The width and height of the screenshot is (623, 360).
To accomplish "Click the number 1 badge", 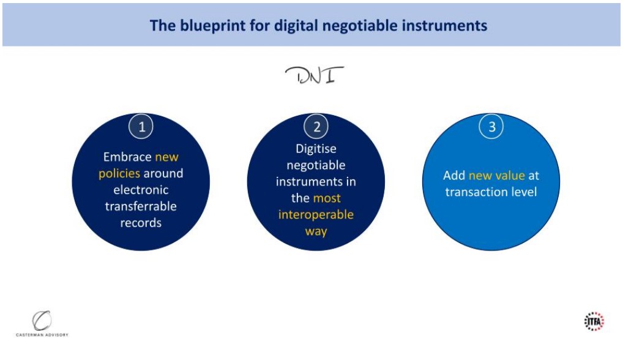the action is pyautogui.click(x=141, y=126).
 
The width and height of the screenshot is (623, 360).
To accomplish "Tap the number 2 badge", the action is pyautogui.click(x=316, y=126).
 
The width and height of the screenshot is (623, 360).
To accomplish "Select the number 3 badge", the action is pyautogui.click(x=491, y=126).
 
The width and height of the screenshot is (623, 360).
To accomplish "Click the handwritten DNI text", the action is pyautogui.click(x=315, y=75).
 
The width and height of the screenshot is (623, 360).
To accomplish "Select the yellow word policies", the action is pyautogui.click(x=119, y=174).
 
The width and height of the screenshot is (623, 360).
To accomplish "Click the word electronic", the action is pyautogui.click(x=141, y=190).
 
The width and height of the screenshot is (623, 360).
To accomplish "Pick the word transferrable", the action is pyautogui.click(x=141, y=206).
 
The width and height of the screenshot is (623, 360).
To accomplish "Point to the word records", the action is pyautogui.click(x=141, y=223).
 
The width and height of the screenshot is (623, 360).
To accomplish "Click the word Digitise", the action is pyautogui.click(x=316, y=149).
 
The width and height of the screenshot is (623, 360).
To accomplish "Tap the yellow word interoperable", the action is pyautogui.click(x=316, y=214).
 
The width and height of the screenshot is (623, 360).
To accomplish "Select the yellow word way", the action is pyautogui.click(x=316, y=231).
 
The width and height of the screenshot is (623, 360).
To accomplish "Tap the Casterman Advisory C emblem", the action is pyautogui.click(x=42, y=320).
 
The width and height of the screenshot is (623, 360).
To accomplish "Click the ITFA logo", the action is pyautogui.click(x=594, y=321).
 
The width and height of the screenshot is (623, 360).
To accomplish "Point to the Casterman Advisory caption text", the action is pyautogui.click(x=42, y=335).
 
